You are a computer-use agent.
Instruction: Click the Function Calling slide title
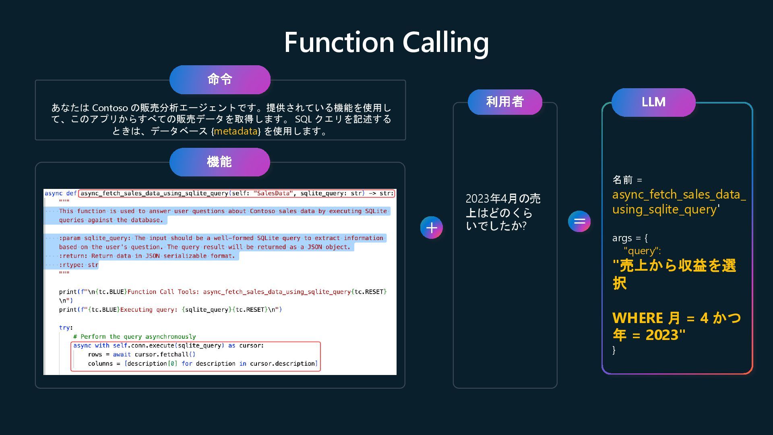click(386, 42)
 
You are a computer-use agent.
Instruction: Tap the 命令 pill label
click(220, 79)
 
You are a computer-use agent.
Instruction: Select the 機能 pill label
click(219, 162)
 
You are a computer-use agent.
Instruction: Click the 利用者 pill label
click(505, 102)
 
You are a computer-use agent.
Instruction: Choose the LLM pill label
click(653, 102)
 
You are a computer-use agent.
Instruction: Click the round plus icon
click(431, 228)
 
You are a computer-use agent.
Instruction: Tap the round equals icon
click(579, 221)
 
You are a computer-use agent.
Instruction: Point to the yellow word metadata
click(236, 131)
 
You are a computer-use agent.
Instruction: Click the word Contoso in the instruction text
click(110, 108)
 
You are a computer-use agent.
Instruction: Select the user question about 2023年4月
click(503, 212)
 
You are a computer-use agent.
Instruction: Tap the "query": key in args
click(642, 251)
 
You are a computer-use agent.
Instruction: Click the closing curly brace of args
click(614, 350)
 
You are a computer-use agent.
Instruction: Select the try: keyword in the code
click(66, 328)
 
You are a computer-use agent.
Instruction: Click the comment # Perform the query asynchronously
click(134, 337)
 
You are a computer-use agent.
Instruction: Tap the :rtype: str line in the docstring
click(79, 265)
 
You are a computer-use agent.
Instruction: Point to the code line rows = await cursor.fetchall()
click(141, 354)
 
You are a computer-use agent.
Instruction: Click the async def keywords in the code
click(60, 193)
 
